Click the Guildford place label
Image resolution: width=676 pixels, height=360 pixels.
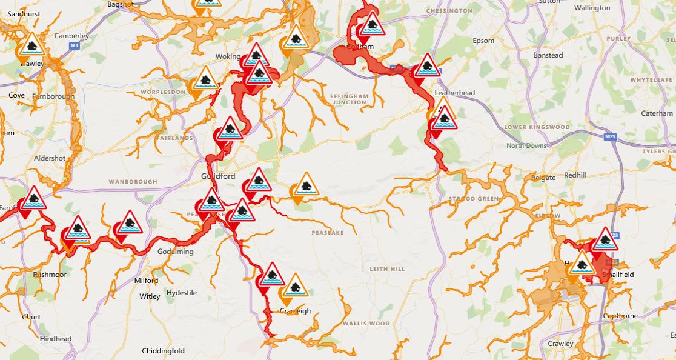[218, 176]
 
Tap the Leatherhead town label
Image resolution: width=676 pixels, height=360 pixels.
[455, 93]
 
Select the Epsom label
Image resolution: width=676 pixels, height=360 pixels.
[483, 41]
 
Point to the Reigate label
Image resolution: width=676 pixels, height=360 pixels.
[543, 178]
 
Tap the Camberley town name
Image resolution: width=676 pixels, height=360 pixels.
[71, 36]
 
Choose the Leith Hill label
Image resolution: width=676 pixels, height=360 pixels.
[387, 268]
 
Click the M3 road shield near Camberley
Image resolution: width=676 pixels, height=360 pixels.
[75, 45]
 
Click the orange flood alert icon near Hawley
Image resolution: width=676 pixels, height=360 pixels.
[31, 45]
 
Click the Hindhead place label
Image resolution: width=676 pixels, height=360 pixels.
[56, 339]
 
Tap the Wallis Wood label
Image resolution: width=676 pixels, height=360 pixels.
[366, 324]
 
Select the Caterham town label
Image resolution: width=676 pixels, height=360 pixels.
[657, 113]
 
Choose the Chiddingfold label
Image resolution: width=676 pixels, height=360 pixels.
[163, 351]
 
